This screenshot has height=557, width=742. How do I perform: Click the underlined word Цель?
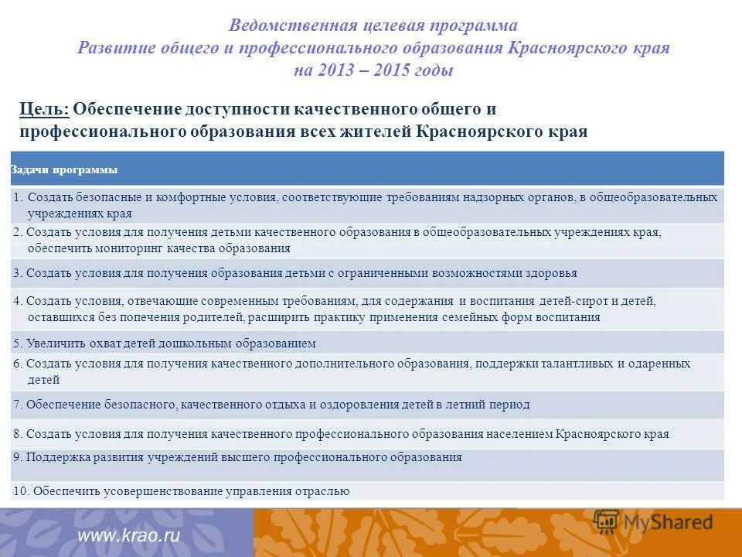44,109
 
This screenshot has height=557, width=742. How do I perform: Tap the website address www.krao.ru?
128,535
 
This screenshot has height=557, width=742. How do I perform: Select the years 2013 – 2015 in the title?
373,70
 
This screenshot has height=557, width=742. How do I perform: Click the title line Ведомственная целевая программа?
373,26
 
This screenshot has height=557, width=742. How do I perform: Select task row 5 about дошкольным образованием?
164,343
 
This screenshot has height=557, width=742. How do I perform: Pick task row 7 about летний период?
271,405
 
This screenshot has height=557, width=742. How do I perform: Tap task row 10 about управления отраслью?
181,490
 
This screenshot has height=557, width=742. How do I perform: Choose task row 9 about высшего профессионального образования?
237,457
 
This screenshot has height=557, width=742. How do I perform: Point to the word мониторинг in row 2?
126,248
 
